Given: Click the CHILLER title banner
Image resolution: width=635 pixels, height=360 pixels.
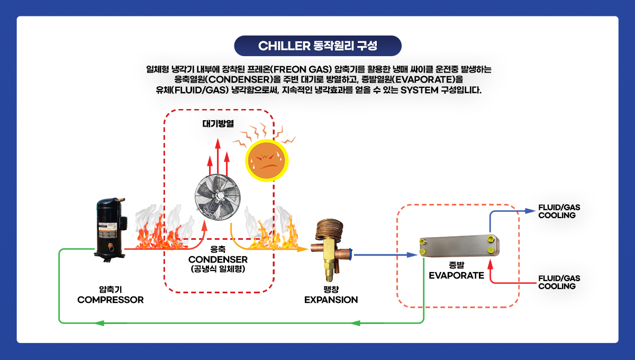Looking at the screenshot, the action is coord(317,46).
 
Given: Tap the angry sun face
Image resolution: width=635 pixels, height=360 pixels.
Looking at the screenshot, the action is coord(267,160).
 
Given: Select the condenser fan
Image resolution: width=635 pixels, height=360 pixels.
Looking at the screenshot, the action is coord(217,197).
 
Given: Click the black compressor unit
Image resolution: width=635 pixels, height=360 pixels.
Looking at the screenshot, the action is coord(110,229).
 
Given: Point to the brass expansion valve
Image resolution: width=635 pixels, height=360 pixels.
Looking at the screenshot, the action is coord(331,250).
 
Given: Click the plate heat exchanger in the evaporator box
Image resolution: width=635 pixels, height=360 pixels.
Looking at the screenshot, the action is coord(459,246).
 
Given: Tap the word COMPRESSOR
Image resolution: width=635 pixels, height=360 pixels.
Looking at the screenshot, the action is coord(110,300).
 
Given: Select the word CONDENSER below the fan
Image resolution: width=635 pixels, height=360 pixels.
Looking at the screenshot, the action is coord(217,259).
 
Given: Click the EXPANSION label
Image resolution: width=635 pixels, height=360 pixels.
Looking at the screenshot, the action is coord(331,300).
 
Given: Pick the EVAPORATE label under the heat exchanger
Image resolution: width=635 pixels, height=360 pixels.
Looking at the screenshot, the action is coord(456,275).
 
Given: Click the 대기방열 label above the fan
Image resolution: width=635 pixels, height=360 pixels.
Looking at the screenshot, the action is coord(218,123).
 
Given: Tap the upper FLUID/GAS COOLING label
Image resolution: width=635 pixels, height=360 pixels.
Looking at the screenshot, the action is coord(559,211).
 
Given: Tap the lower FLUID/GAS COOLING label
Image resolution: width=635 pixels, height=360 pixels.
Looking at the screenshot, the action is coord(559,282).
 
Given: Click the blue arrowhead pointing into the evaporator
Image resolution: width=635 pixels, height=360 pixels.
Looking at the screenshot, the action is coord(412,255).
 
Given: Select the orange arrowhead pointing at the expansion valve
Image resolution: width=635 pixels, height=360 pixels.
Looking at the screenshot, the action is coord(303,249).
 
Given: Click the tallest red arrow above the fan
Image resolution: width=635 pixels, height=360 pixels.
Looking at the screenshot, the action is coord(217,156).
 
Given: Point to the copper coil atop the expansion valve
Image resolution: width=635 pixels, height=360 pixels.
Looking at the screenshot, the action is coord(329,229).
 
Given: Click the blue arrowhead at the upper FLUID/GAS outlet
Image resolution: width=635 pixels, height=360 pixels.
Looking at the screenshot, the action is coord(530,211).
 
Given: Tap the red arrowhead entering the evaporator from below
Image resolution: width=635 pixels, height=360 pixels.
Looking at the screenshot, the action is coord(490,264).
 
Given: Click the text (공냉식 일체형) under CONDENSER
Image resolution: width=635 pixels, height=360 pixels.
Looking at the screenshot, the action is coord(217,268).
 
